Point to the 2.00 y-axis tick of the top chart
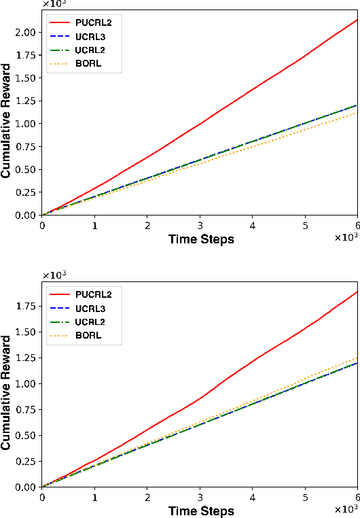pos(26,33)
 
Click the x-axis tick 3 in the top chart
pos(200,225)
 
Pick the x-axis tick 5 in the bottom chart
pos(305,497)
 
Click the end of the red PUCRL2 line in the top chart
pos(357,20)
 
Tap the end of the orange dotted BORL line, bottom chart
pos(357,358)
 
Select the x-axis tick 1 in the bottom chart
pos(94,497)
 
